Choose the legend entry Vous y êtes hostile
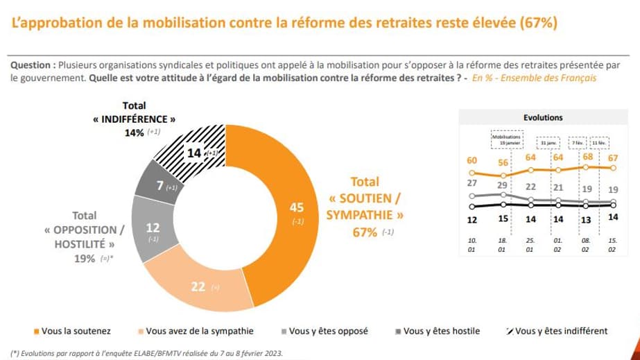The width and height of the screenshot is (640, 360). pos(436,331)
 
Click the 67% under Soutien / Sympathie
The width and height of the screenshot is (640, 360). pos(365,232)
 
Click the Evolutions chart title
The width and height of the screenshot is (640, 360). pos(542,118)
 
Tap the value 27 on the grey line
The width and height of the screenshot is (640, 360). pos(472,183)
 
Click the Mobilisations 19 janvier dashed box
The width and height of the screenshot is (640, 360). pos(506,139)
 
